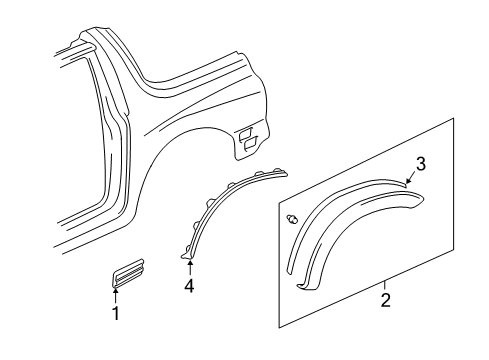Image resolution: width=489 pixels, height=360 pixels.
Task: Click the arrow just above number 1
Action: coord(115,323)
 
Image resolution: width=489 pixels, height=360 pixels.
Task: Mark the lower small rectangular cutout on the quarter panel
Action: coord(246,149)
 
